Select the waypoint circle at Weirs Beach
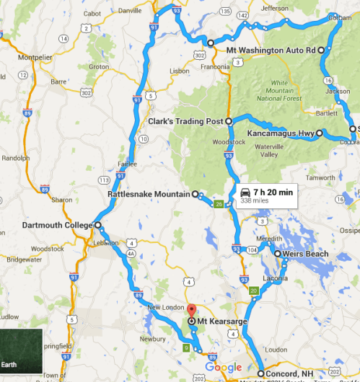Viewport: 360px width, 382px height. tap(277, 254)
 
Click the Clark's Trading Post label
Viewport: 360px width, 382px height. tap(187, 121)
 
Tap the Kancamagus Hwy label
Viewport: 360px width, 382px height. tap(279, 133)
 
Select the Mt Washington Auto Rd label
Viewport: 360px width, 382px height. tap(271, 50)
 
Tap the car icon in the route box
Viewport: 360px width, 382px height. tap(245, 192)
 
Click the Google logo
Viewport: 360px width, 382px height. tap(223, 368)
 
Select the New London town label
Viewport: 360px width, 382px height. tap(162, 308)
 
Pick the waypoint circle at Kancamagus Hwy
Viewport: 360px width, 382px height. tap(319, 134)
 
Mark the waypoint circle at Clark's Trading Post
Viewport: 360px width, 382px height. tap(229, 121)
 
